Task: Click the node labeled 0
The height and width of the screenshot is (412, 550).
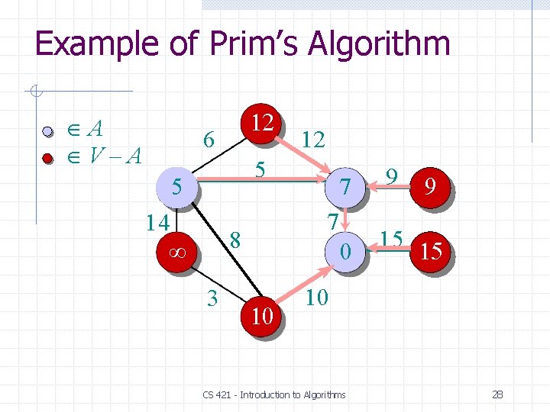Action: pyautogui.click(x=346, y=249)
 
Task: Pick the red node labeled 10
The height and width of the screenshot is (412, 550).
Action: pyautogui.click(x=261, y=315)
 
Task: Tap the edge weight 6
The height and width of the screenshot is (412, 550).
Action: pyautogui.click(x=207, y=140)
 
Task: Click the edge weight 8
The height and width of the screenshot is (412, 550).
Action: pyautogui.click(x=236, y=241)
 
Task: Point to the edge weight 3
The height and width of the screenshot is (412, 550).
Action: pyautogui.click(x=214, y=296)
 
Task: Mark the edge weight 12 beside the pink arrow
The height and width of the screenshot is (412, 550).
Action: pyautogui.click(x=313, y=139)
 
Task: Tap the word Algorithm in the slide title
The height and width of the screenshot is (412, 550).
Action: pyautogui.click(x=379, y=43)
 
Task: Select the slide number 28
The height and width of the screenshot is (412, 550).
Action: pyautogui.click(x=497, y=394)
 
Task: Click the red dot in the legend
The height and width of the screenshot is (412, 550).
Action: pyautogui.click(x=48, y=159)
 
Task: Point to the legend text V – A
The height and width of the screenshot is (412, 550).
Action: pyautogui.click(x=115, y=156)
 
